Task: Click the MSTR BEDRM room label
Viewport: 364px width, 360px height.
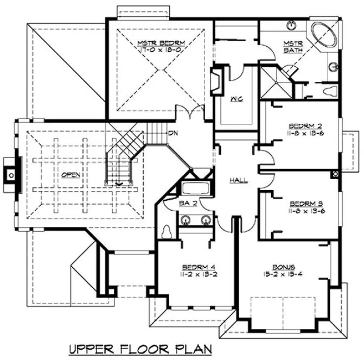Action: click(162, 41)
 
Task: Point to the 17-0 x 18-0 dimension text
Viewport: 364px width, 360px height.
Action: click(162, 49)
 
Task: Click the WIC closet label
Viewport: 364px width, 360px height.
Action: click(235, 99)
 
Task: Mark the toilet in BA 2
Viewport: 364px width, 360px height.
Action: click(167, 230)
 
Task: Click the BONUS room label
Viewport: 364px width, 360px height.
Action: click(284, 266)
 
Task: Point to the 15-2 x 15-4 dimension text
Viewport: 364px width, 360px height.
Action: click(284, 273)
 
